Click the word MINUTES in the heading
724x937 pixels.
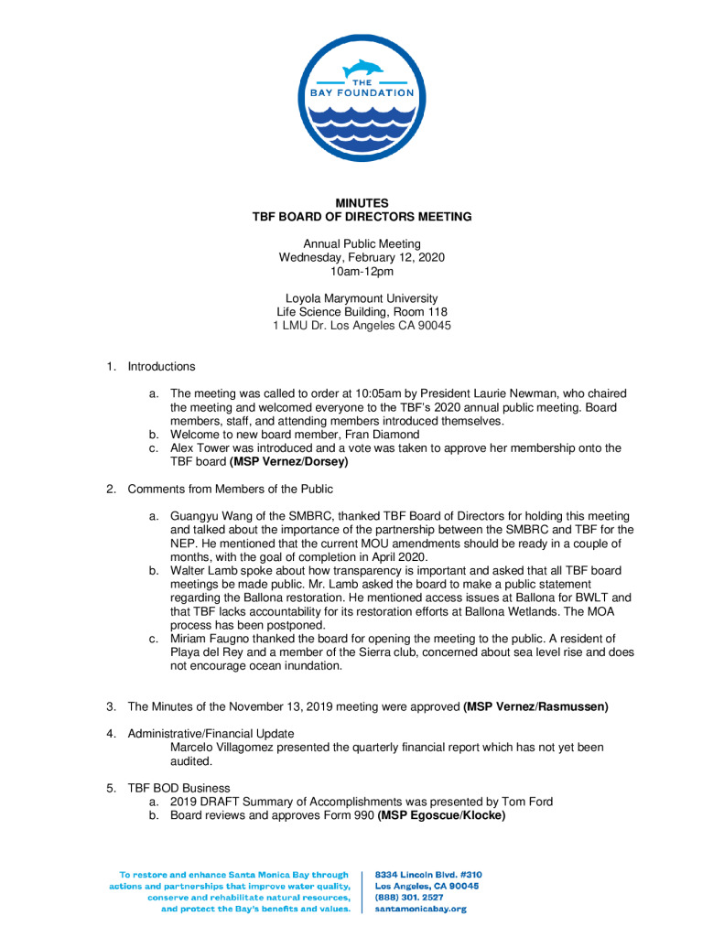(362, 202)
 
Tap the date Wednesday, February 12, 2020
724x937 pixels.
(362, 257)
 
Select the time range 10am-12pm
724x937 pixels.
(362, 271)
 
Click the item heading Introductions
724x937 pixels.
(161, 366)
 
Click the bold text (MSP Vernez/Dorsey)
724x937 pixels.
(289, 462)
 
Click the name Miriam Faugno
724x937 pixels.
(212, 639)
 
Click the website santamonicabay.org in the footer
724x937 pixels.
(421, 910)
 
